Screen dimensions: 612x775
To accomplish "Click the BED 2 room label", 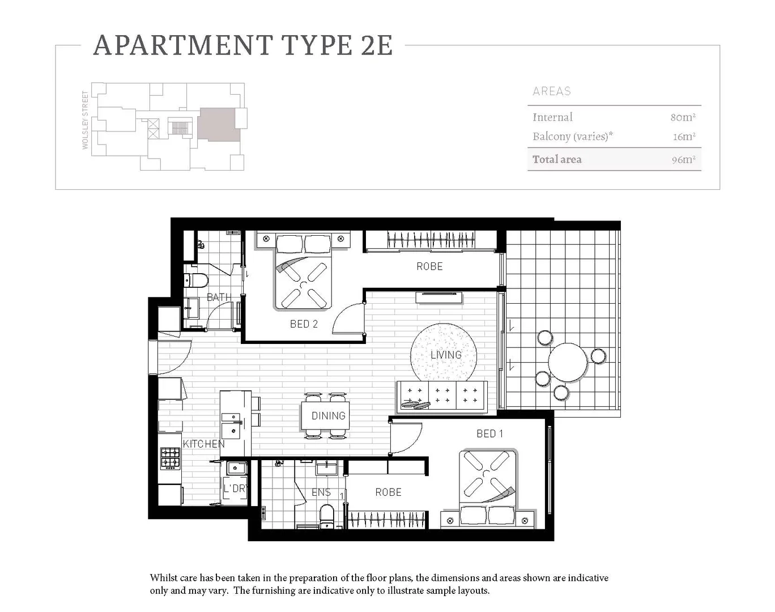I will coord(304,324).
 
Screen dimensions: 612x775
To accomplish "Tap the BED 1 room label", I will coord(489,433).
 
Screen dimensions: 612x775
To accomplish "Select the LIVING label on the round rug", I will coord(446,355).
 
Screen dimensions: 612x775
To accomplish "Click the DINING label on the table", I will coord(328,416).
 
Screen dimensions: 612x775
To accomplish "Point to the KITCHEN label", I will coord(203,444).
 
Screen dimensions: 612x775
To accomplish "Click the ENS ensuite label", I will coord(321,492).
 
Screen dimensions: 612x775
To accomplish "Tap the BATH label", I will coord(218,297).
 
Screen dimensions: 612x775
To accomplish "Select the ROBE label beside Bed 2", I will coord(429,266).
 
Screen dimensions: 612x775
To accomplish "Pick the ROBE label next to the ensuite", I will coord(388,492).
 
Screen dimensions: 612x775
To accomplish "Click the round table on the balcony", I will coord(568,363).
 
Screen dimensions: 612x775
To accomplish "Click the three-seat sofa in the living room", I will coord(442,395).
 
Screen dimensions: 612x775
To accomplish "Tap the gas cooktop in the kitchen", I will coord(170,458).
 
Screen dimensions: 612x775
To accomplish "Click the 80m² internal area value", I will coord(683,117).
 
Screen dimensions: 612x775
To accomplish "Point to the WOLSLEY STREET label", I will coord(86,120).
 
